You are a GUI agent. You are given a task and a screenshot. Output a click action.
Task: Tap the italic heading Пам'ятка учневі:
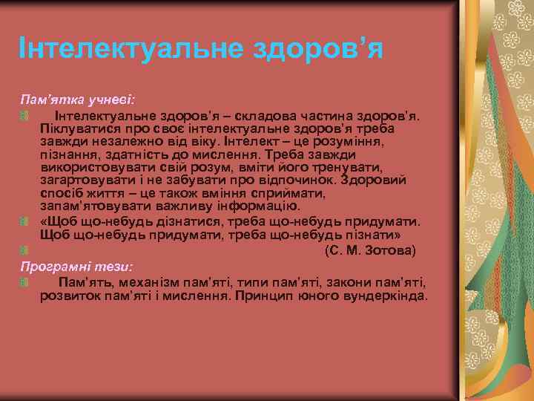pyautogui.click(x=77, y=99)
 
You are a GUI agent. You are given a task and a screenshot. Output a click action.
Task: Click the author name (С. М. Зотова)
pyautogui.click(x=370, y=251)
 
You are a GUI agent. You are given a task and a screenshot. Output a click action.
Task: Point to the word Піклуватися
pyautogui.click(x=77, y=128)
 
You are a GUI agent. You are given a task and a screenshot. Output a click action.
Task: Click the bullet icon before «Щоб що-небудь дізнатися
pyautogui.click(x=24, y=222)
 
